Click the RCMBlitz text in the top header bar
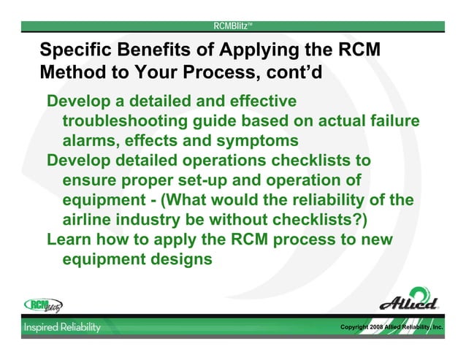[232, 26]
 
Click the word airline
[88, 219]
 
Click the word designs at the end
[179, 258]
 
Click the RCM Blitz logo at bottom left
[44, 305]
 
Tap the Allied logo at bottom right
[409, 301]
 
